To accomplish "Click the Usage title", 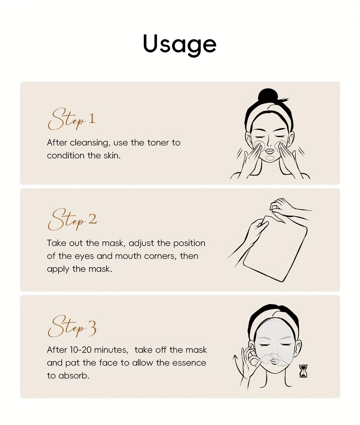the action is pyautogui.click(x=180, y=45).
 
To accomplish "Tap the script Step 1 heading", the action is pyautogui.click(x=71, y=119).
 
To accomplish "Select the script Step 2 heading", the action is pyautogui.click(x=72, y=219).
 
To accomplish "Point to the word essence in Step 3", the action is pyautogui.click(x=189, y=363).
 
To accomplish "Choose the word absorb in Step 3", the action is pyautogui.click(x=74, y=376).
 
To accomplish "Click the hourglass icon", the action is pyautogui.click(x=303, y=371).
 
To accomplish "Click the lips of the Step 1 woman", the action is pyautogui.click(x=269, y=151).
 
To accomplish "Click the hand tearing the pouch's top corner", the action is pyautogui.click(x=288, y=208).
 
